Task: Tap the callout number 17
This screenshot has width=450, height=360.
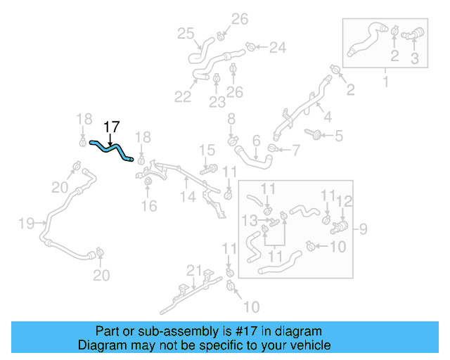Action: [112, 127]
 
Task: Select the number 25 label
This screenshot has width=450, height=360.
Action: [185, 33]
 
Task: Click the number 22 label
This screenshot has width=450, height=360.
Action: [183, 96]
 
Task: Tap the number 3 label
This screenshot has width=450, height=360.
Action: [414, 59]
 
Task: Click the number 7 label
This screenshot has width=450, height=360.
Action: [295, 149]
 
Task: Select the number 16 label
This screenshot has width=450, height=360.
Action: [148, 205]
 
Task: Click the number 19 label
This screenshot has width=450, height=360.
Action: [26, 224]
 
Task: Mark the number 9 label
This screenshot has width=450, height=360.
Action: [364, 228]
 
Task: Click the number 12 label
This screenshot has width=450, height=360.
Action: [344, 202]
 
